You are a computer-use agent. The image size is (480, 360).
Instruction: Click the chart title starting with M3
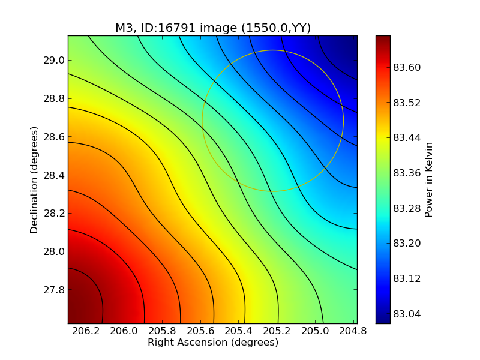pyautogui.click(x=213, y=28)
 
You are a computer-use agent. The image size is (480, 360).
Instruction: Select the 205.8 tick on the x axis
pyautogui.click(x=163, y=331)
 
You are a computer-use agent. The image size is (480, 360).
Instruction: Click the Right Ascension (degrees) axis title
pyautogui.click(x=213, y=343)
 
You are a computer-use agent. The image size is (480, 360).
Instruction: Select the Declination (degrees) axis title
pyautogui.click(x=35, y=179)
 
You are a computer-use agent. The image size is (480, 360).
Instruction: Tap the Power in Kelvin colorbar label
pyautogui.click(x=428, y=179)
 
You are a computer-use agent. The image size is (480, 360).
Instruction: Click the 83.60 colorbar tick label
pyautogui.click(x=407, y=67)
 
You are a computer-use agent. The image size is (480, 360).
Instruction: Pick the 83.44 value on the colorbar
pyautogui.click(x=407, y=138)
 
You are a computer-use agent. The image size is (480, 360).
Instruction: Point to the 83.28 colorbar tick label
pyautogui.click(x=407, y=208)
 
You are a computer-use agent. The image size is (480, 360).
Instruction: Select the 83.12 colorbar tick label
pyautogui.click(x=407, y=278)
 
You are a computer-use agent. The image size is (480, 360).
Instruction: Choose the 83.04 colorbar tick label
pyautogui.click(x=407, y=314)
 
